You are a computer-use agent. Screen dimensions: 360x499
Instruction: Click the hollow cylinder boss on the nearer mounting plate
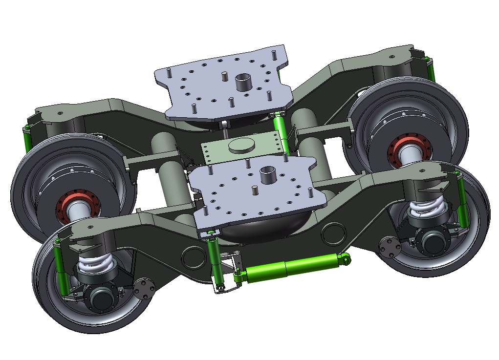[268, 175]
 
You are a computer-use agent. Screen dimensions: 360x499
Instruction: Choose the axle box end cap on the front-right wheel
[433, 242]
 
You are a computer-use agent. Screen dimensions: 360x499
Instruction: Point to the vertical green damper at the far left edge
[27, 139]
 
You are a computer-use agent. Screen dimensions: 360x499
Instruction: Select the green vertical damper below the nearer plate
[215, 259]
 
